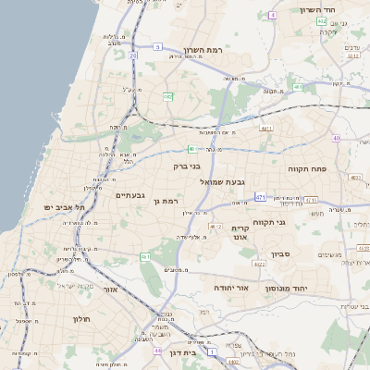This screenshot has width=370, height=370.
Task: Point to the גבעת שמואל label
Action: (x=223, y=182)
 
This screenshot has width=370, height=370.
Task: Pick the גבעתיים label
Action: (x=130, y=195)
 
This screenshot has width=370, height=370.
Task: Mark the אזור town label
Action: (x=111, y=290)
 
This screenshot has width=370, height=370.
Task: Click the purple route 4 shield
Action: (x=273, y=16)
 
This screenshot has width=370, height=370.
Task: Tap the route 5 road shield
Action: (x=157, y=45)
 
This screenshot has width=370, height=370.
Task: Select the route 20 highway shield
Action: (x=133, y=55)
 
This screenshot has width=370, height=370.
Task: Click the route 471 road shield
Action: (x=262, y=196)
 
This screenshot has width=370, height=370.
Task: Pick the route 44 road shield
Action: (x=158, y=351)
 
